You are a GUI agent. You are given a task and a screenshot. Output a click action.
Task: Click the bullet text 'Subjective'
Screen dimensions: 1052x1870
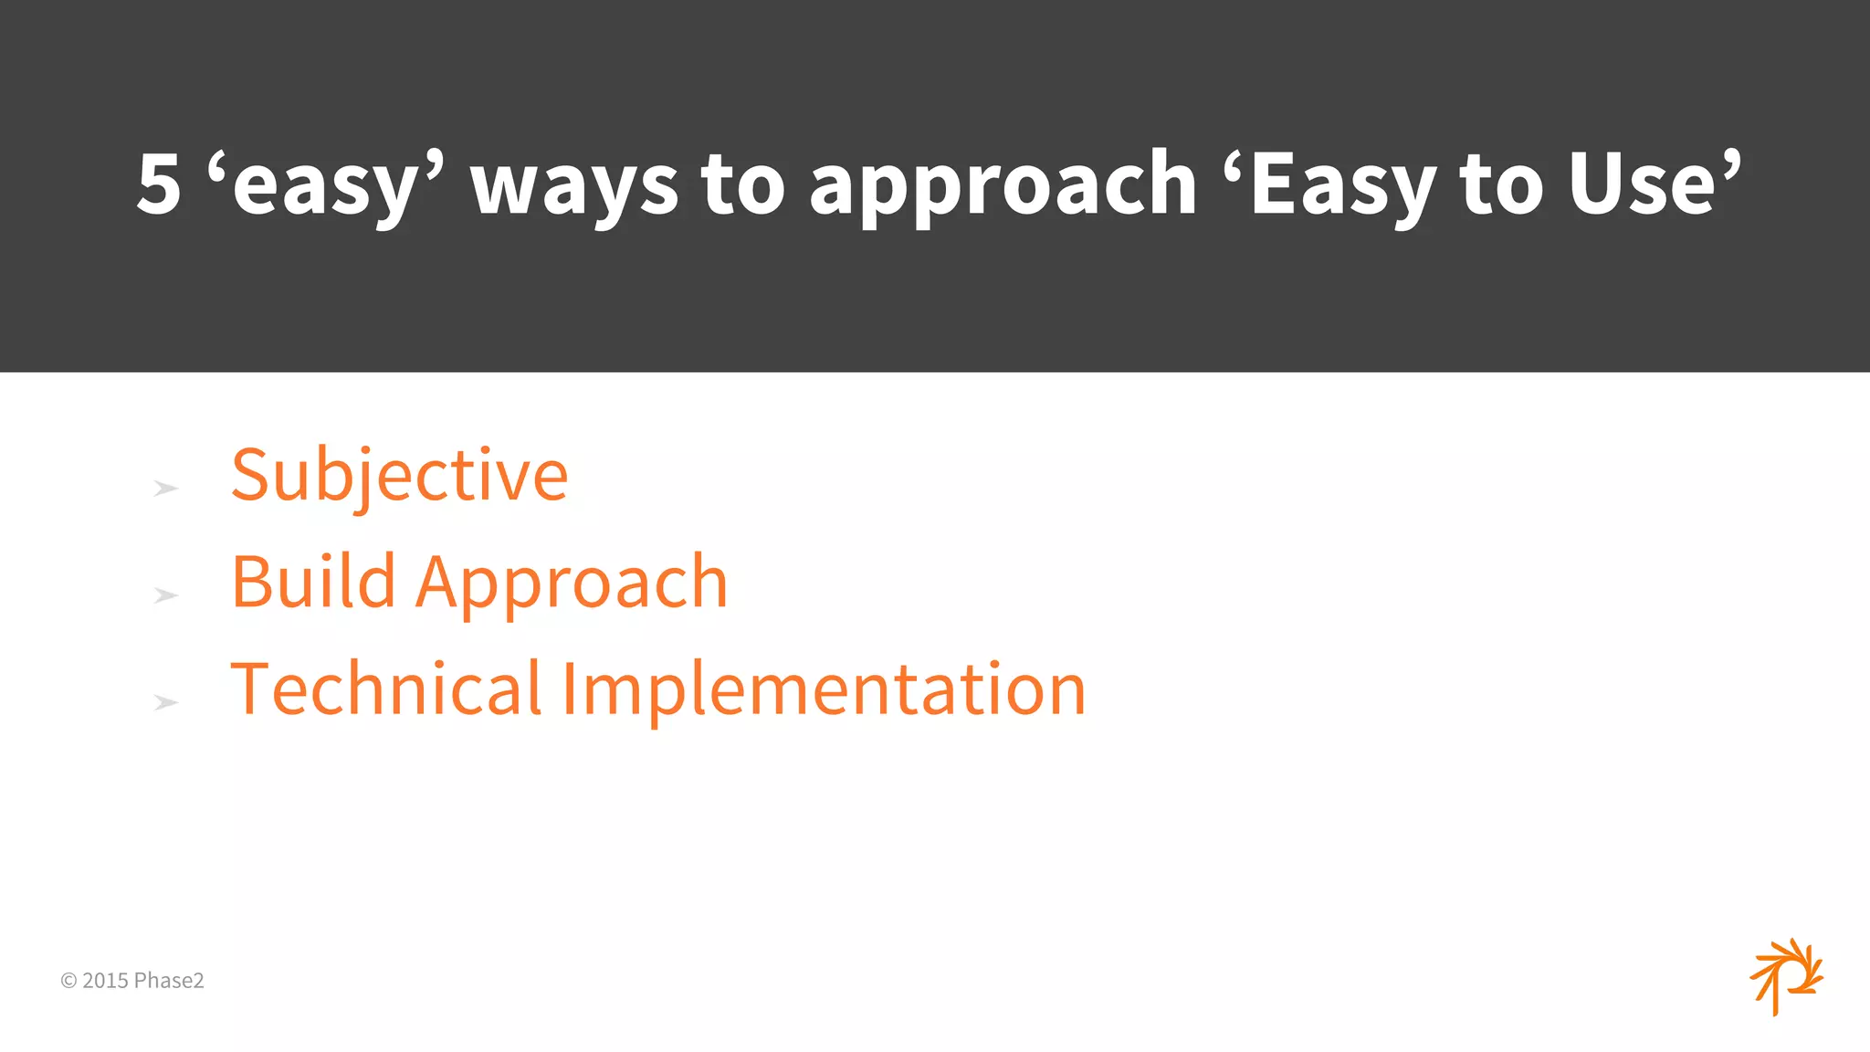click(x=399, y=476)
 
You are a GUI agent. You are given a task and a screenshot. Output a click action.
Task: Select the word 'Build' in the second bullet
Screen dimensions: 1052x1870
click(x=313, y=582)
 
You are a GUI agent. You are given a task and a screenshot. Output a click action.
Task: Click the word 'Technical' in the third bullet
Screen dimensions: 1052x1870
click(x=386, y=689)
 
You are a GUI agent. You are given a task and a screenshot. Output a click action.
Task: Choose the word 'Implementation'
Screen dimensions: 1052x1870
click(x=823, y=690)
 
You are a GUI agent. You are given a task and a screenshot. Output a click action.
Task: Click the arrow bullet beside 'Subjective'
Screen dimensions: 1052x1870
click(x=165, y=489)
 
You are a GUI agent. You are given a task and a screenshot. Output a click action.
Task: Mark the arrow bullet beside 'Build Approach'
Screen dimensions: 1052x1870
click(x=165, y=595)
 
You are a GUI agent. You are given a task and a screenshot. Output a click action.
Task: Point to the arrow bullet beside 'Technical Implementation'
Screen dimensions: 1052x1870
click(x=165, y=702)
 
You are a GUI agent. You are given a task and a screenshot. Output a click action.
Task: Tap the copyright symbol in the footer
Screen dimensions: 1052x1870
click(x=68, y=981)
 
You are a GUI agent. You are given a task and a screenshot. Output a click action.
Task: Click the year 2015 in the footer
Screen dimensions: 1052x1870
click(x=105, y=981)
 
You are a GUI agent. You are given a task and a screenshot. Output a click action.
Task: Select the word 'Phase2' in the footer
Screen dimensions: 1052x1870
click(x=169, y=981)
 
